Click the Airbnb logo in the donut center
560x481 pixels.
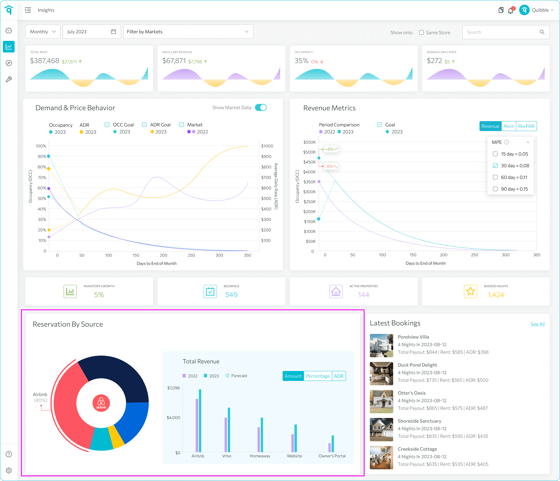point(101,403)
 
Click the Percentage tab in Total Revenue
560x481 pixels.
point(318,376)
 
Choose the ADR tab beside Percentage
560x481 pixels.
point(339,376)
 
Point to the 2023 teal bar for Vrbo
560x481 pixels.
point(229,430)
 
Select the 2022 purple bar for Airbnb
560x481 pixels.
point(197,425)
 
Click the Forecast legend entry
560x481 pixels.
point(237,376)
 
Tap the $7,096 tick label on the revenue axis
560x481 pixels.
point(173,388)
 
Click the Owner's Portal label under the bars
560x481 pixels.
point(332,456)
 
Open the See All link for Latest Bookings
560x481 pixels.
point(538,324)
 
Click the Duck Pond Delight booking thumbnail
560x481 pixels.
point(381,374)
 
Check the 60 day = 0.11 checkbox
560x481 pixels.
point(495,177)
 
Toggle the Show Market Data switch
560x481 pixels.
point(261,107)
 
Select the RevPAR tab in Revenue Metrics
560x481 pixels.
point(526,126)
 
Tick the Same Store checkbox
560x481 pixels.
point(421,32)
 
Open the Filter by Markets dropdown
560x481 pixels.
point(188,32)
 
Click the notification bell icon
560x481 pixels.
point(510,11)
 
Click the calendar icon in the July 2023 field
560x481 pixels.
point(113,32)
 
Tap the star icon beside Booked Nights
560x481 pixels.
point(470,291)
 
